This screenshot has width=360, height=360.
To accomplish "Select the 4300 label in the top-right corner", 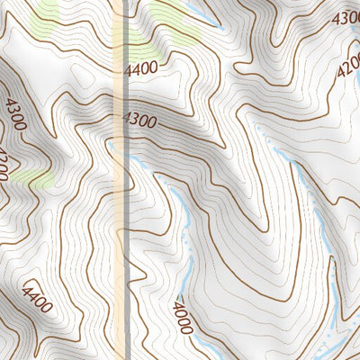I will click(346, 18).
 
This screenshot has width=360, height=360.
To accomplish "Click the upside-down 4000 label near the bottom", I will click(183, 316).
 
